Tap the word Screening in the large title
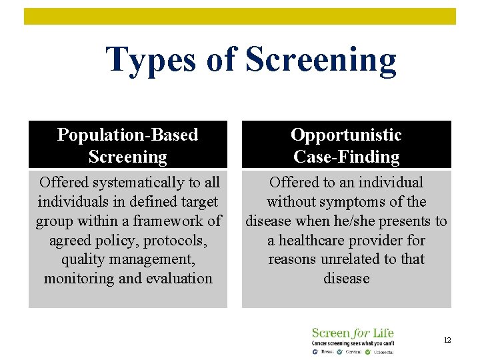pyautogui.click(x=321, y=60)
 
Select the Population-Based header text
pyautogui.click(x=128, y=135)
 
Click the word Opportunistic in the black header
pyautogui.click(x=346, y=135)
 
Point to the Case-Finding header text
pyautogui.click(x=346, y=157)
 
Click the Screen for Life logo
pyautogui.click(x=353, y=340)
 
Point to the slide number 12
pyautogui.click(x=447, y=341)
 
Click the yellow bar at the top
pyautogui.click(x=240, y=16)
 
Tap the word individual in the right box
pyautogui.click(x=390, y=183)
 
